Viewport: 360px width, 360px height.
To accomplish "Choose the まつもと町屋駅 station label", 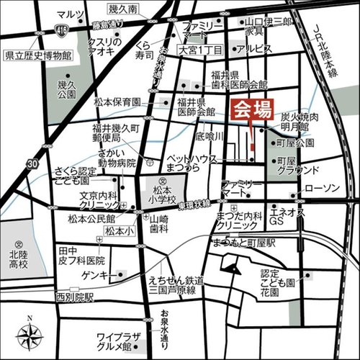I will tap(244, 244).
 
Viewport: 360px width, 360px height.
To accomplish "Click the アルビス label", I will tap(255, 48).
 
